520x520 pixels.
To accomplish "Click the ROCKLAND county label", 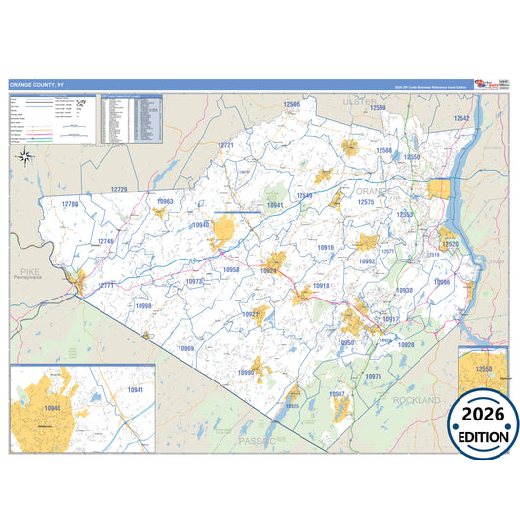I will pyautogui.click(x=417, y=400).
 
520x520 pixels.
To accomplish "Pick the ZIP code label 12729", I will pyautogui.click(x=119, y=188).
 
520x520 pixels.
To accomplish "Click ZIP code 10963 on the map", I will pyautogui.click(x=164, y=201).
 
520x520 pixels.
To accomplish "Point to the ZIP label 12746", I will pyautogui.click(x=106, y=241).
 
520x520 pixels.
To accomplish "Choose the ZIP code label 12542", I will pyautogui.click(x=461, y=118).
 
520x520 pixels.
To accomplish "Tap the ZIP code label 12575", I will pyautogui.click(x=366, y=201).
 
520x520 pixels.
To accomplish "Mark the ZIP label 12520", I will pyautogui.click(x=450, y=243).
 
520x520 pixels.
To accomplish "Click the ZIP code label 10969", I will pyautogui.click(x=185, y=348).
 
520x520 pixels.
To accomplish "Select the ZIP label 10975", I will pyautogui.click(x=373, y=376).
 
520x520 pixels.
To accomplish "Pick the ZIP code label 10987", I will pyautogui.click(x=338, y=393).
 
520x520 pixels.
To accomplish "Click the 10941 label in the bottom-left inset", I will pyautogui.click(x=135, y=390).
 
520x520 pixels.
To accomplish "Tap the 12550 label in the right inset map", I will pyautogui.click(x=483, y=370).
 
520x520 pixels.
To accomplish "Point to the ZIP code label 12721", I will pyautogui.click(x=225, y=144).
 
